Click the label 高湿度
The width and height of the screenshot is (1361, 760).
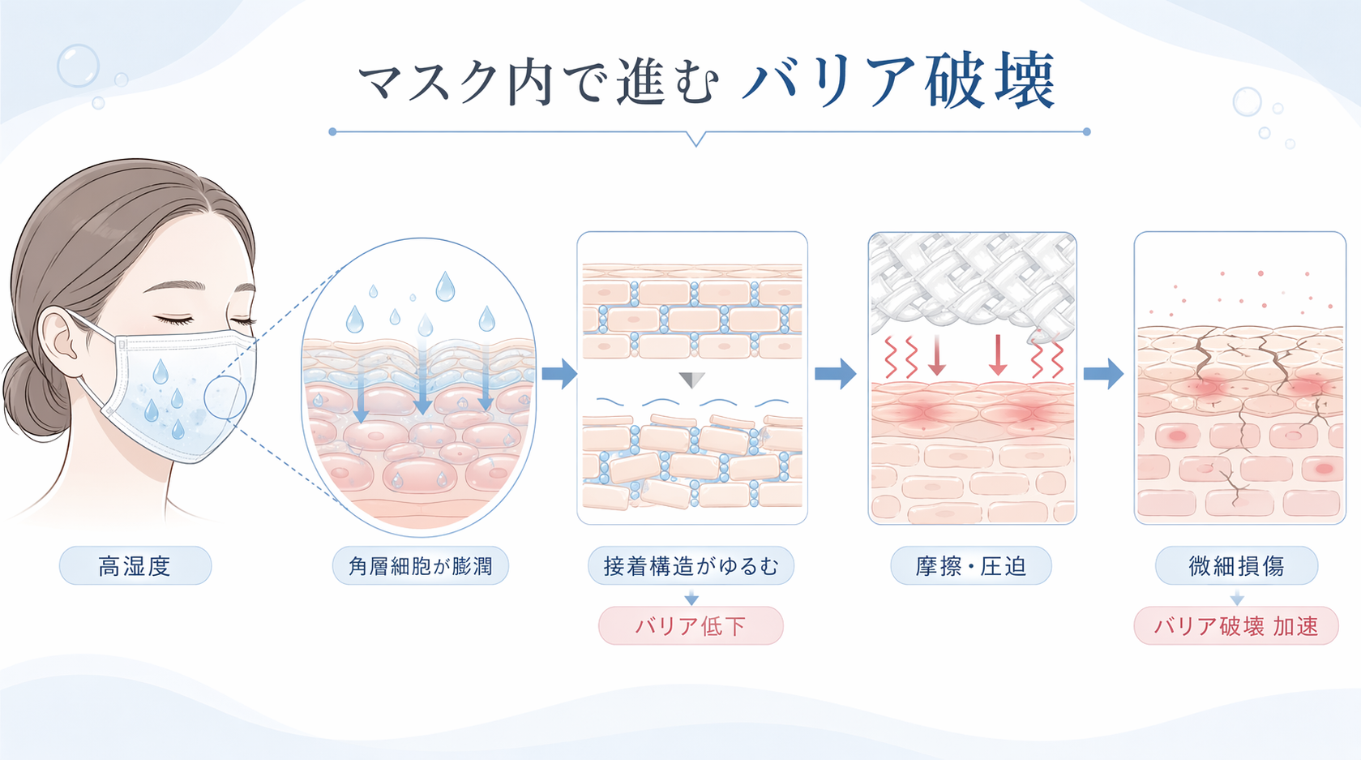tap(135, 565)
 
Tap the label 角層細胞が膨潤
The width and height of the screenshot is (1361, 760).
tap(420, 565)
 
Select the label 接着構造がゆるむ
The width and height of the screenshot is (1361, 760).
tap(691, 565)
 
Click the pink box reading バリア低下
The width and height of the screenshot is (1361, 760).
tap(691, 625)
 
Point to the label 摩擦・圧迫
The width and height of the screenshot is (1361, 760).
tap(970, 565)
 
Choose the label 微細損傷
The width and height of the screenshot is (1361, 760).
tap(1235, 565)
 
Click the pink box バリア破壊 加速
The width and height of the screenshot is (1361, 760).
tap(1235, 625)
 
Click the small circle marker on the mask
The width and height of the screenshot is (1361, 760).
tap(225, 397)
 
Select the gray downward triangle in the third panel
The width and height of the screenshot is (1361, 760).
tap(691, 380)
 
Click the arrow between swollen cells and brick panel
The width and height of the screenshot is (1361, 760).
tap(559, 374)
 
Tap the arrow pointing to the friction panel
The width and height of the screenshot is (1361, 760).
tap(835, 374)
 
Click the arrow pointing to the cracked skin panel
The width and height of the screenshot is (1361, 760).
tap(1104, 374)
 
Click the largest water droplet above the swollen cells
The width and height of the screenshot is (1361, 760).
tap(445, 286)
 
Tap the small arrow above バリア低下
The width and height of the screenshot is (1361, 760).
tap(691, 599)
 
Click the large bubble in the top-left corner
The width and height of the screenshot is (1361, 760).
tap(78, 66)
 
